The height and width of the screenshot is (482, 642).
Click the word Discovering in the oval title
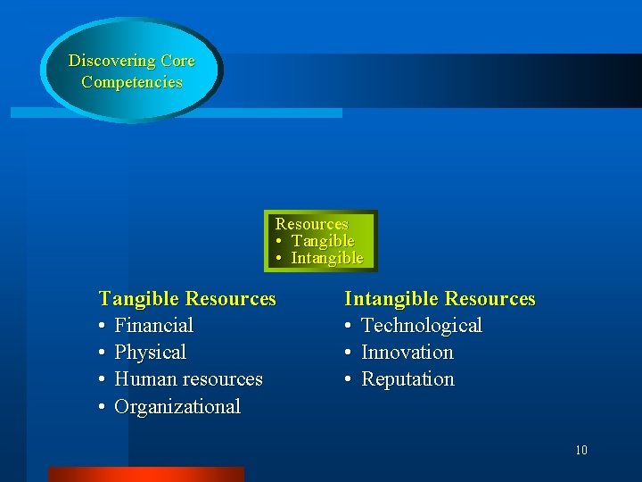(112, 62)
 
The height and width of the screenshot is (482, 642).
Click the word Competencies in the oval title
(132, 82)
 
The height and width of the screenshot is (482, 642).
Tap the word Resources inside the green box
(311, 224)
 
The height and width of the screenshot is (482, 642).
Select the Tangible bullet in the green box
(322, 241)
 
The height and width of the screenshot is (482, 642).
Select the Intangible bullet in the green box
(326, 258)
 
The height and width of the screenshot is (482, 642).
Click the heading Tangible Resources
(187, 298)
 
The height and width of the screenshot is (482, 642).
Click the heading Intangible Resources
(440, 298)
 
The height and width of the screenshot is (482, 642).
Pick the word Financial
(153, 325)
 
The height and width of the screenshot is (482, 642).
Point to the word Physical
(150, 352)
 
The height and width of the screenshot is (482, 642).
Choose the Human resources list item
(188, 378)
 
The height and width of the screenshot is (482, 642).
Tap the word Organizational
(177, 406)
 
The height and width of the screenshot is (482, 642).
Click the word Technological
(421, 325)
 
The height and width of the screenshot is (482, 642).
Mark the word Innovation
(407, 352)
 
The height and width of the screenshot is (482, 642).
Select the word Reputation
(407, 378)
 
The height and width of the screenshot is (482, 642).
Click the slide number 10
(581, 450)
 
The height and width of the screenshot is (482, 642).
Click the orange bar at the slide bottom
(145, 474)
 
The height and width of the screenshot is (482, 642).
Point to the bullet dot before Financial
(103, 326)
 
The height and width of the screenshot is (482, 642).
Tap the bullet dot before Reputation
(350, 379)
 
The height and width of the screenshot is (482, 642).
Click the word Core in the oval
(177, 62)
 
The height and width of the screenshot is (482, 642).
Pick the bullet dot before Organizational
(103, 407)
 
